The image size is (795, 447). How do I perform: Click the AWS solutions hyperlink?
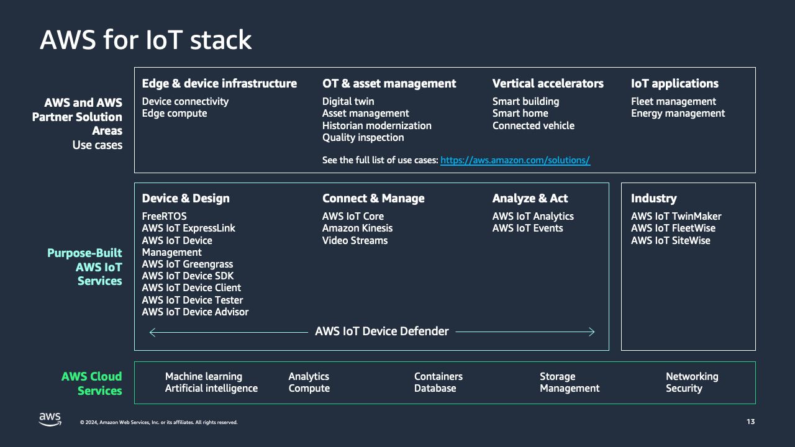point(515,160)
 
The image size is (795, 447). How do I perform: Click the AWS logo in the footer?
point(50,420)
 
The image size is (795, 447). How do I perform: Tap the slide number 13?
point(750,422)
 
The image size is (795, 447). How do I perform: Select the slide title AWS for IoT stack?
point(145,40)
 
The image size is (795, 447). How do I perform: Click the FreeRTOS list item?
point(164,216)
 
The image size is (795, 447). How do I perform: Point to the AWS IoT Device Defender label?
point(381,332)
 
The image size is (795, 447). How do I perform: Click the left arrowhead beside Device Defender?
point(152,332)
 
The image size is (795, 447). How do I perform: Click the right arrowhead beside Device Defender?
point(593,332)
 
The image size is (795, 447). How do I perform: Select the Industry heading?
point(653,199)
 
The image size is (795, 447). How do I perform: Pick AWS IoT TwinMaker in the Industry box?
point(676,216)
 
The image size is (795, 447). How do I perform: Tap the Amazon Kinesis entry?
point(357,228)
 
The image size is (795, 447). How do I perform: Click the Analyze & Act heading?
point(530,199)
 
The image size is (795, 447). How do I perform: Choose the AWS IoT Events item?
point(527,228)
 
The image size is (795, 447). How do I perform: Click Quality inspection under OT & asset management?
point(363,137)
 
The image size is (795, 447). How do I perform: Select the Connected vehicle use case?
point(533,125)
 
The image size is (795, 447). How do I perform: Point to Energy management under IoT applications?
point(678,113)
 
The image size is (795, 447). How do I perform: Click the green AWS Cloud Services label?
point(91,383)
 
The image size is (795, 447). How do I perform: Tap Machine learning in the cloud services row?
point(203,376)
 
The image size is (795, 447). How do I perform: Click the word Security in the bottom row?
point(684,388)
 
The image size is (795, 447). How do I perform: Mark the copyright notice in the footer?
point(158,422)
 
